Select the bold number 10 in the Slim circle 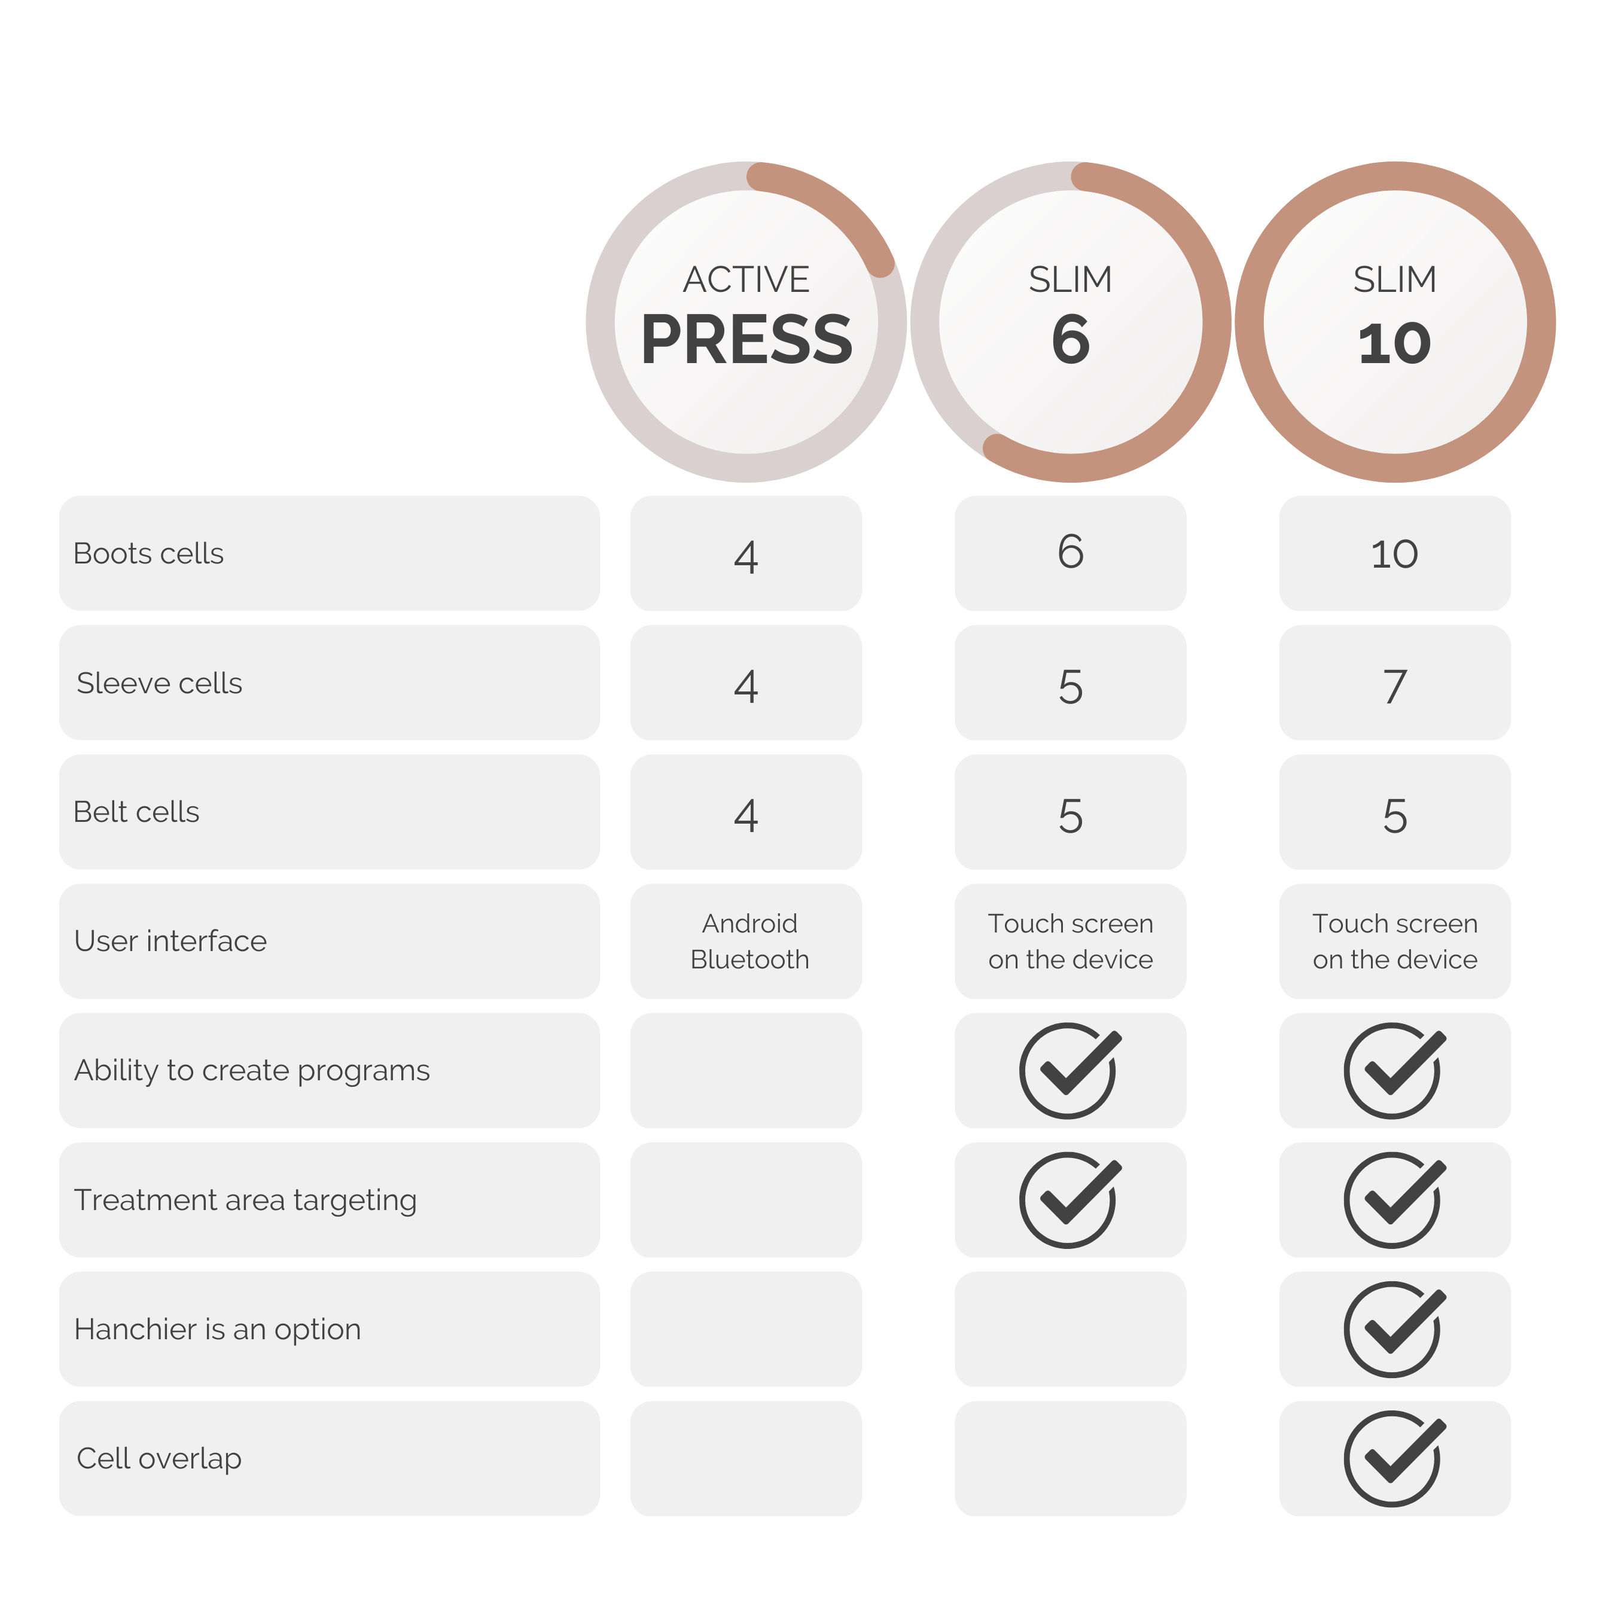coord(1394,343)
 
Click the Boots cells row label coord(149,553)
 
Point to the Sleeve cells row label coord(159,683)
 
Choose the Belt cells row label coord(136,812)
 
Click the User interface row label coord(170,941)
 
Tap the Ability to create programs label coord(252,1071)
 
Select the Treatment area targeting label coord(245,1200)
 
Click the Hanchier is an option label coord(217,1329)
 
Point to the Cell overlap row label coord(159,1459)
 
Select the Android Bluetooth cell coord(750,941)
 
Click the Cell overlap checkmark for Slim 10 coord(1394,1459)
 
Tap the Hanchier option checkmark coord(1394,1329)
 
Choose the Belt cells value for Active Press coord(746,815)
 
